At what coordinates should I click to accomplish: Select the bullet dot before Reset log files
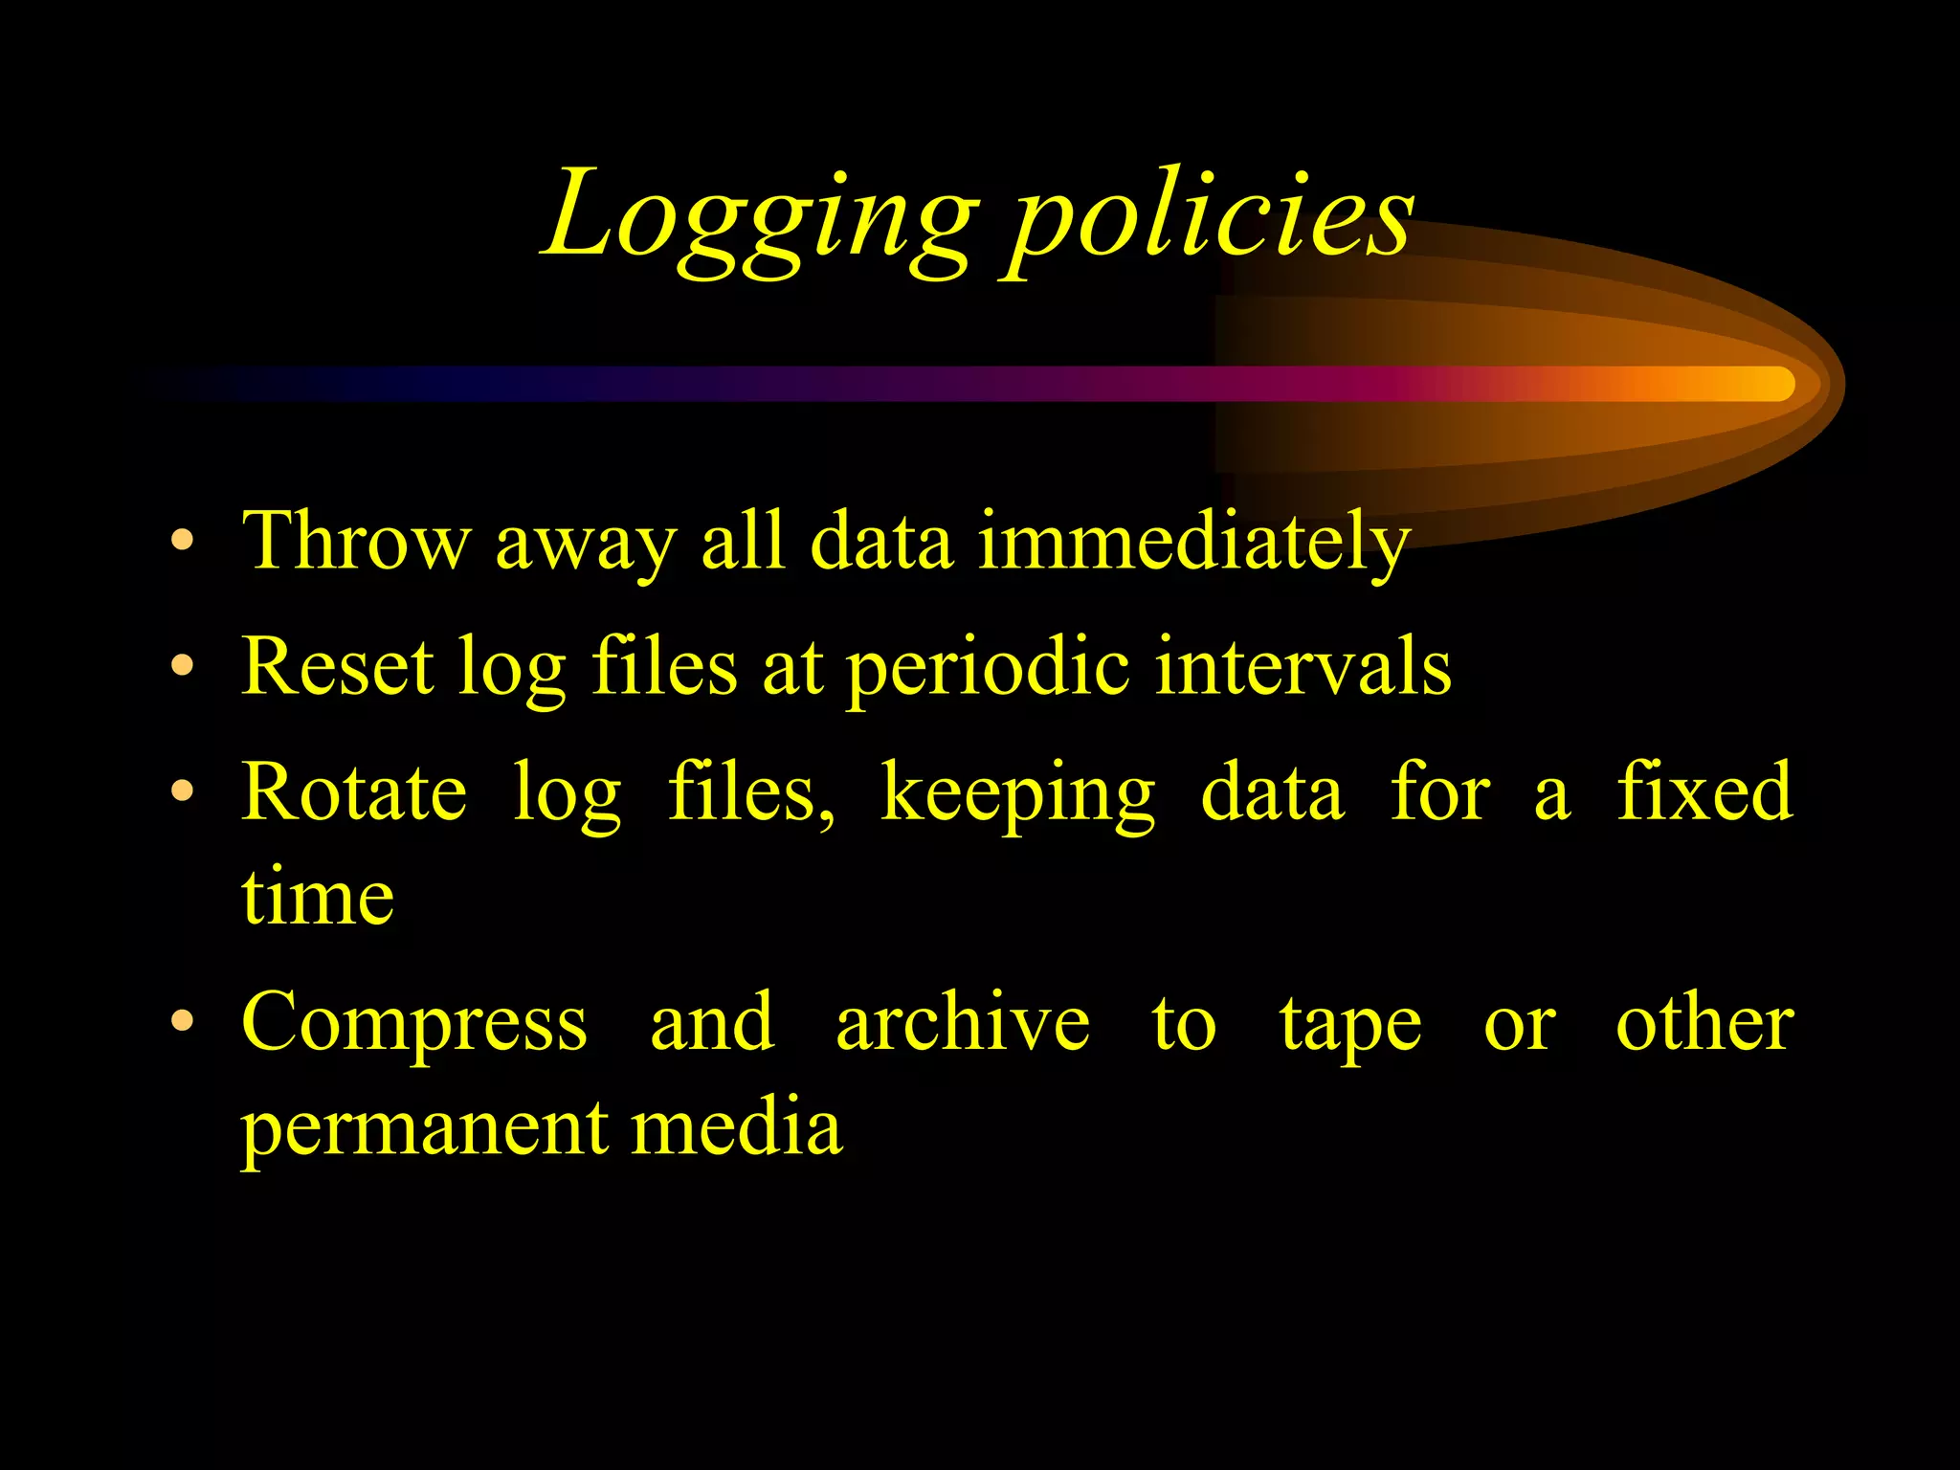click(x=182, y=665)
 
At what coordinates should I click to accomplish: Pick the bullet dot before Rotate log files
click(x=182, y=791)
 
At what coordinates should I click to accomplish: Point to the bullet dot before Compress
click(x=182, y=1021)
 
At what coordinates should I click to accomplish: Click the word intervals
click(x=1303, y=665)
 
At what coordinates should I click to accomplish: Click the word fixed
click(x=1704, y=791)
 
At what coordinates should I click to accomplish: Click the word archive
click(x=963, y=1021)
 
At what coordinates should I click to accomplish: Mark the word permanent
click(x=421, y=1130)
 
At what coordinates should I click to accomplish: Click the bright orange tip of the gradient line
click(x=1771, y=384)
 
